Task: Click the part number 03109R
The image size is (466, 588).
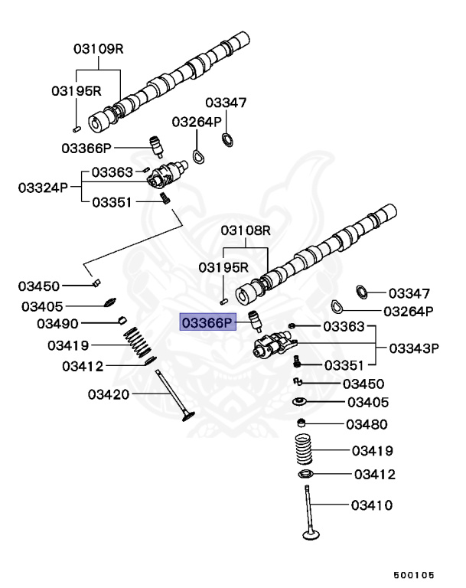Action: [x=99, y=48]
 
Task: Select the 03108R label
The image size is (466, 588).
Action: [x=246, y=230]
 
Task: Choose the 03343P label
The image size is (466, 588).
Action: [x=413, y=347]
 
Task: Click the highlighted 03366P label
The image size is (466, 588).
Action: [x=204, y=322]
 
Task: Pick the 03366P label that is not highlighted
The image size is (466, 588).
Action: [x=87, y=147]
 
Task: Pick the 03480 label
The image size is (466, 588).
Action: [x=367, y=424]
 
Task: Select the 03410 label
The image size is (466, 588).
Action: [x=372, y=505]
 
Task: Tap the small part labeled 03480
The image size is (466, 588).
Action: [x=304, y=423]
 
